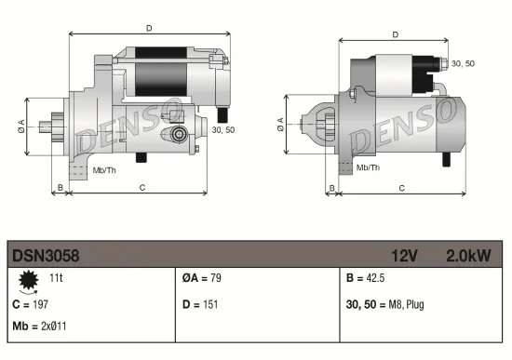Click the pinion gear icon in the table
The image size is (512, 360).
pyautogui.click(x=27, y=279)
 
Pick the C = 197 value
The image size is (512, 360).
pyautogui.click(x=29, y=303)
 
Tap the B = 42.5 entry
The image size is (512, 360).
pyautogui.click(x=365, y=278)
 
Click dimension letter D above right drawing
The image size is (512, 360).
pyautogui.click(x=396, y=34)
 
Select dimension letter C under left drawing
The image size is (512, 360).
pyautogui.click(x=141, y=189)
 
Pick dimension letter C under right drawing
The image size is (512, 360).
pyautogui.click(x=401, y=189)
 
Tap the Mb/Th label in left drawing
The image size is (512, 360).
pyautogui.click(x=104, y=170)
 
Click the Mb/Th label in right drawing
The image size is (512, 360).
pyautogui.click(x=369, y=167)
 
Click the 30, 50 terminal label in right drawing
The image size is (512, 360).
pyautogui.click(x=462, y=62)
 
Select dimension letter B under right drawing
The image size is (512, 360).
pyautogui.click(x=331, y=189)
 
